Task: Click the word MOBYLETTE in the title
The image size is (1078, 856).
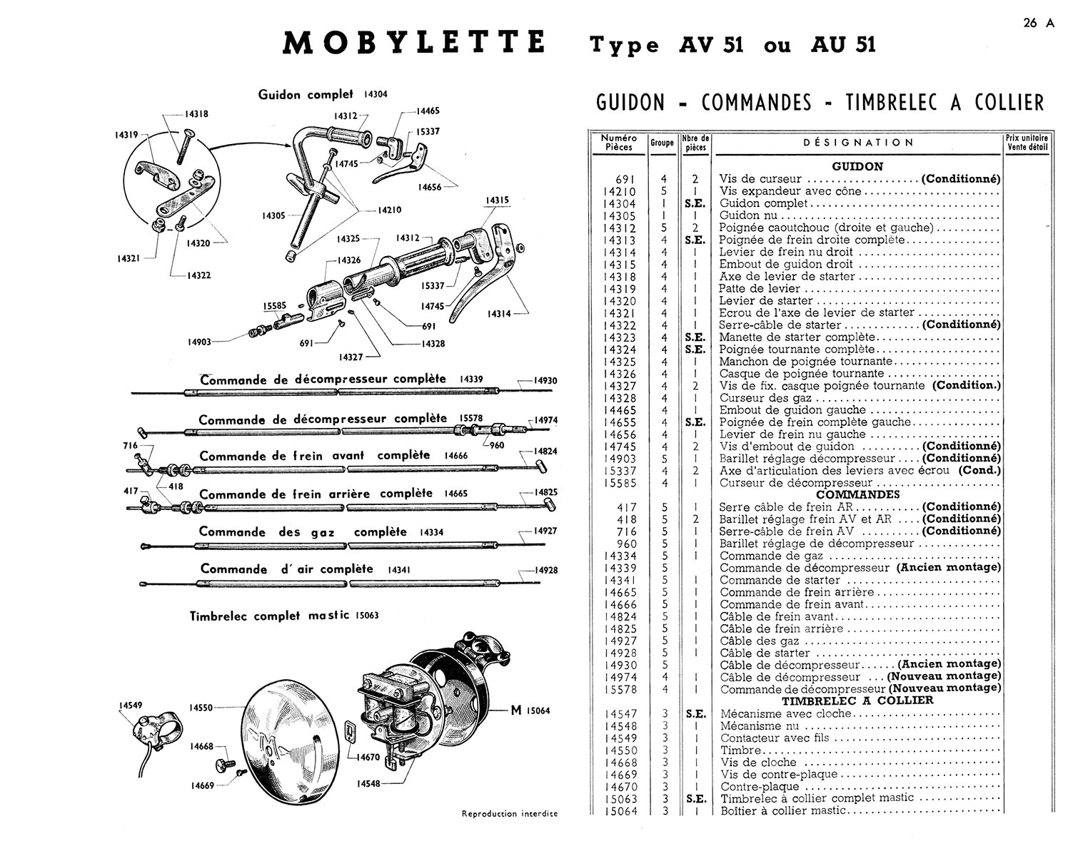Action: click(414, 44)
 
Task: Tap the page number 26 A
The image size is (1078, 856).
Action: click(1038, 23)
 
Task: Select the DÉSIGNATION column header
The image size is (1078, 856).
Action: click(858, 143)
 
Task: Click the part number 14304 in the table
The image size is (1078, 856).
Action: click(619, 203)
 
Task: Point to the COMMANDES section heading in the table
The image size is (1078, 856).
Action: click(857, 494)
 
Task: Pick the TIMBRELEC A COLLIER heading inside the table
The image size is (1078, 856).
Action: click(857, 700)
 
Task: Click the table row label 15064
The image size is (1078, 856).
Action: click(619, 810)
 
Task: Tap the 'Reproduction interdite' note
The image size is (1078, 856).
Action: click(510, 813)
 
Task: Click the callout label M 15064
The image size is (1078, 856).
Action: click(530, 710)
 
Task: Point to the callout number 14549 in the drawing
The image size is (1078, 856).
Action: click(131, 705)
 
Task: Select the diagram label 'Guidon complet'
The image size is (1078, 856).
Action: click(306, 94)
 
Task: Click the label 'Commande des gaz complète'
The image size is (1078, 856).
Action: click(303, 532)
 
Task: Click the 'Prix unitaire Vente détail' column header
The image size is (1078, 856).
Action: click(1026, 143)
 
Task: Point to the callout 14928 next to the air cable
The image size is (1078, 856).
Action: click(545, 570)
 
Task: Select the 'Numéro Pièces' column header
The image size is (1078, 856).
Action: click(619, 143)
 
